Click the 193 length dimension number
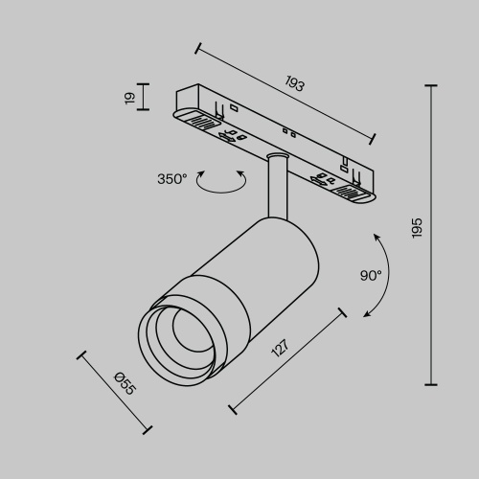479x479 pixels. coord(294,83)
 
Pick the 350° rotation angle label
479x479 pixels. coord(172,177)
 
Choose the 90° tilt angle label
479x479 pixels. coord(371,275)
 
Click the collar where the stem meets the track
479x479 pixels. coord(277,156)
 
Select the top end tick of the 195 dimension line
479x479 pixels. coord(430,86)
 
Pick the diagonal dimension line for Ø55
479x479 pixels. coord(115,392)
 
